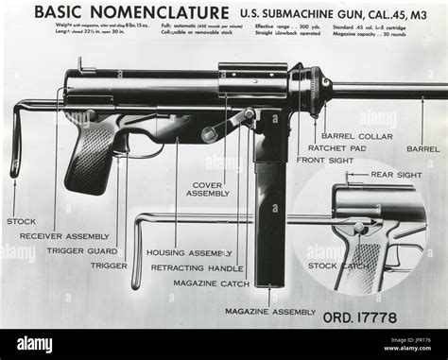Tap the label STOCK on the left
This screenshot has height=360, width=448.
[21, 221]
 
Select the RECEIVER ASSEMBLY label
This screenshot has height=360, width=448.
[64, 235]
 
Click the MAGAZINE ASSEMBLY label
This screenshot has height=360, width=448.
[270, 311]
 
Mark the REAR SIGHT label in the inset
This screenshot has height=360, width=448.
[395, 175]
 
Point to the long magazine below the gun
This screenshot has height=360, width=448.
[269, 217]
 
